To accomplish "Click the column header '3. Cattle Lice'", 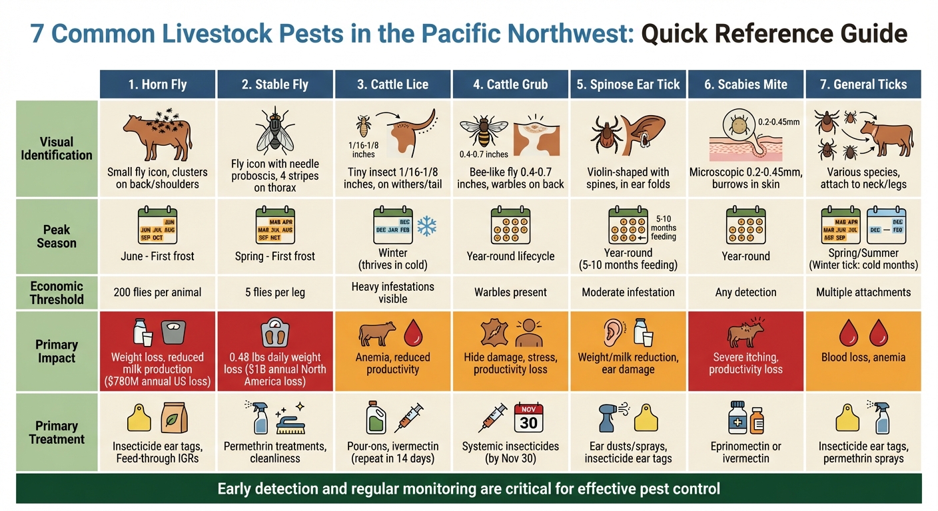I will tap(393, 85).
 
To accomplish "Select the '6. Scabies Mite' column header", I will tap(745, 85).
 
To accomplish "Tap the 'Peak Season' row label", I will tap(57, 236).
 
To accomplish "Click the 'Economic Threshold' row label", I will tap(57, 292).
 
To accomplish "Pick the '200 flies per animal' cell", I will tap(157, 292).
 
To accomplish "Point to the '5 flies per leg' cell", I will tap(275, 292).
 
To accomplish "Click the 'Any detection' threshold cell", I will tap(745, 292).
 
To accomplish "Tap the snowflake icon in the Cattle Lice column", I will tap(426, 227).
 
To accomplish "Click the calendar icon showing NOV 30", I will tap(529, 419).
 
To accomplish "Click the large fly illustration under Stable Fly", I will tap(275, 130).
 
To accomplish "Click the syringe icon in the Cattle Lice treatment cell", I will tap(408, 419).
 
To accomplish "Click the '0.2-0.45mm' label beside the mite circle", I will tap(778, 122).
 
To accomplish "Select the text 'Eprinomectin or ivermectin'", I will tap(745, 452).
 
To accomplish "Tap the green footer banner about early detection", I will tap(468, 489).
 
